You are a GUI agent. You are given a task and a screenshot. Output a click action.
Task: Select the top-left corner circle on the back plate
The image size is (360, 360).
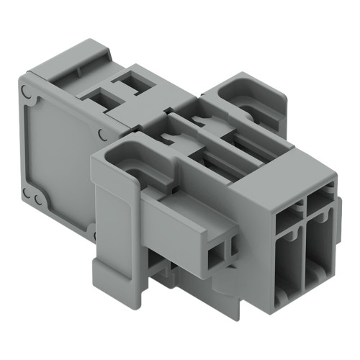pyautogui.click(x=27, y=91)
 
